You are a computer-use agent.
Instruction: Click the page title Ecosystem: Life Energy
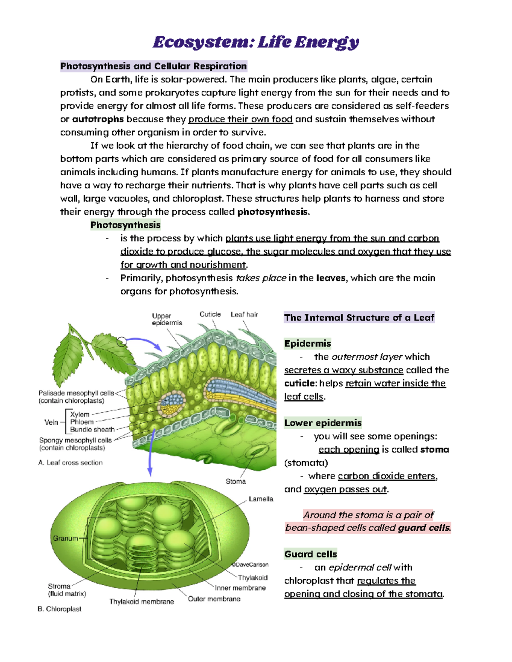[256, 42]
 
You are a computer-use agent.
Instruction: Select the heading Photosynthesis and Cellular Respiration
[154, 66]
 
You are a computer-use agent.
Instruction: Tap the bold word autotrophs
[98, 119]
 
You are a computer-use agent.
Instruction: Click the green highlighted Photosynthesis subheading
[125, 225]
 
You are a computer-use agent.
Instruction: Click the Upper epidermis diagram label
[166, 319]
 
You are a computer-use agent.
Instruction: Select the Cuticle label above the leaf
[210, 314]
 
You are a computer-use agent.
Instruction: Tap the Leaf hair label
[244, 315]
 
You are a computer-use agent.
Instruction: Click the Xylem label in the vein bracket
[80, 414]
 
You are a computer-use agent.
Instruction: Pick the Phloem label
[81, 422]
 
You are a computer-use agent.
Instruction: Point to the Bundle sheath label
[92, 430]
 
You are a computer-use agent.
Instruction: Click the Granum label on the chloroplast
[65, 538]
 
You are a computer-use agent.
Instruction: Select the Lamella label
[261, 499]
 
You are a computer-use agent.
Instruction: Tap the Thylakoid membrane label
[141, 601]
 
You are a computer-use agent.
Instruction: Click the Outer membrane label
[214, 599]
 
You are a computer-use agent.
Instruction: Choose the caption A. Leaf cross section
[70, 463]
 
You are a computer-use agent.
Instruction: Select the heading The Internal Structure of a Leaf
[359, 318]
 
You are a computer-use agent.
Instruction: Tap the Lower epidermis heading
[323, 423]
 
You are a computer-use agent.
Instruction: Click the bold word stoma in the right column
[434, 450]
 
